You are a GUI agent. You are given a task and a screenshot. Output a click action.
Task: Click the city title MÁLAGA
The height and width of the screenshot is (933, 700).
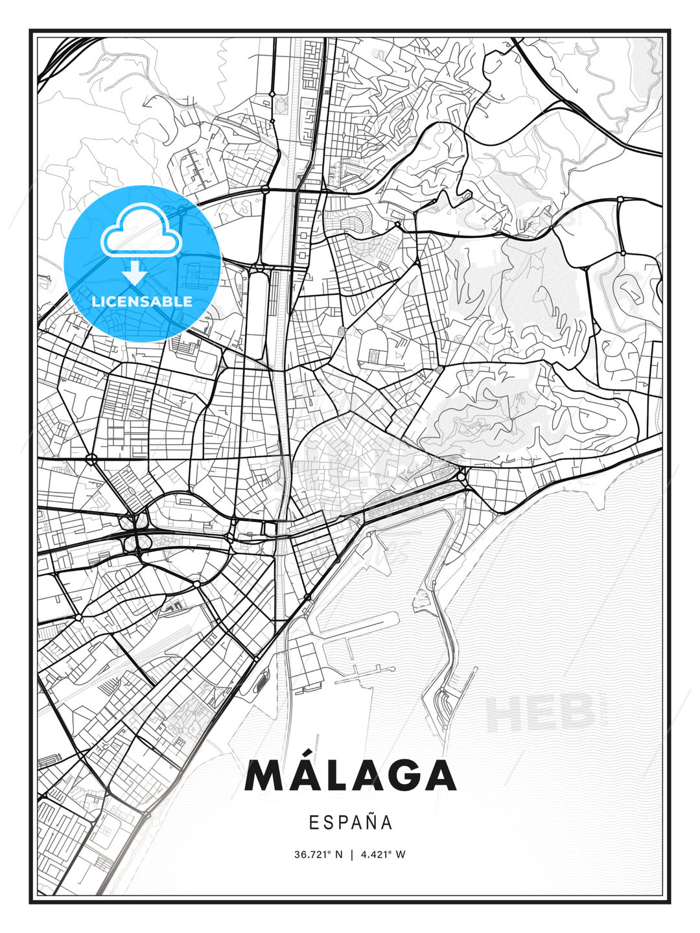(x=350, y=776)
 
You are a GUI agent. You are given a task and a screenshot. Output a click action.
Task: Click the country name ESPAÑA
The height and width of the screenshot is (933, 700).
(x=350, y=822)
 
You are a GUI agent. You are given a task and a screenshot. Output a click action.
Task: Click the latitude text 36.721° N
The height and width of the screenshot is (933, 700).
(x=318, y=855)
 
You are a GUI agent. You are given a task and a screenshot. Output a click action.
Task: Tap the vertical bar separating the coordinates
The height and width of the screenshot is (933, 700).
(x=351, y=855)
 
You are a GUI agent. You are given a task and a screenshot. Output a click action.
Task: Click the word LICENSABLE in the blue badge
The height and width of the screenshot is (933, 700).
(x=142, y=301)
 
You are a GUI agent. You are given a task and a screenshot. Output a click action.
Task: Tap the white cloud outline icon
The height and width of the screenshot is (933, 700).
(x=141, y=230)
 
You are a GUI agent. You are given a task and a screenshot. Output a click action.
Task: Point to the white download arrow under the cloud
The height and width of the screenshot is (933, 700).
(x=135, y=273)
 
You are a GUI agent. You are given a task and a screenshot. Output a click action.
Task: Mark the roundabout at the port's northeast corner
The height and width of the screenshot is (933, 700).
(x=461, y=477)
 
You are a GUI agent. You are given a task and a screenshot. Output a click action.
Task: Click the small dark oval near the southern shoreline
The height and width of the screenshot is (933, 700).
(x=261, y=680)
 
